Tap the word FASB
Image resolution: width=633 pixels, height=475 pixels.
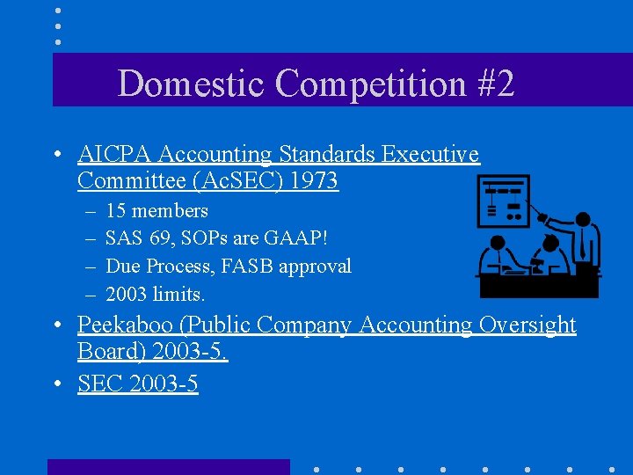click(x=250, y=266)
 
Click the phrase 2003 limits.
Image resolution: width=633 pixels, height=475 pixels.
click(x=155, y=294)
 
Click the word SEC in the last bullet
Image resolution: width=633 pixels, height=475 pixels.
click(x=99, y=384)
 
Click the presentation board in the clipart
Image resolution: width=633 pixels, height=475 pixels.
click(x=503, y=201)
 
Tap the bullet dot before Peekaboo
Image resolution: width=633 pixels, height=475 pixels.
click(x=56, y=326)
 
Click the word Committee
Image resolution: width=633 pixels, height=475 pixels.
click(x=129, y=181)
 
